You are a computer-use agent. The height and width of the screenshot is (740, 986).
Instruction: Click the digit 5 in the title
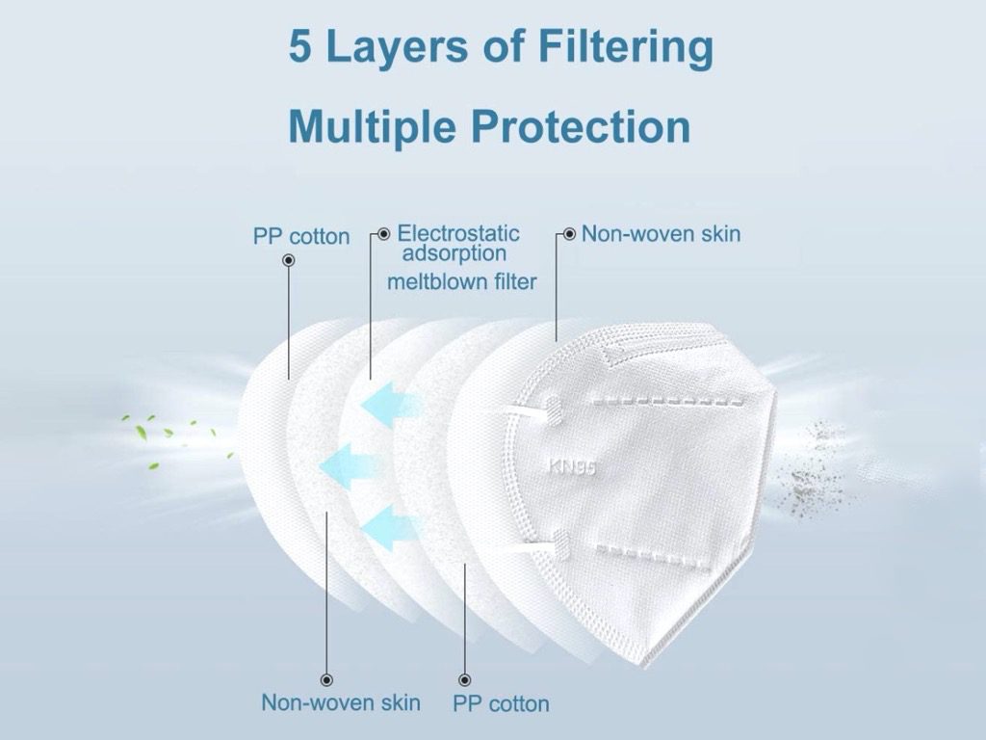tap(300, 46)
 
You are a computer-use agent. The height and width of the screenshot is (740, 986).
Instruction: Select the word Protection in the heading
tap(581, 126)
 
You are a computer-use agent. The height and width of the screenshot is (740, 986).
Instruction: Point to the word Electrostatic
tap(458, 233)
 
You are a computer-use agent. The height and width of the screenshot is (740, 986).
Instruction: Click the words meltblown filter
tap(462, 281)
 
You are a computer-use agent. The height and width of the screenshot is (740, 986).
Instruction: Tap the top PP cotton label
tap(301, 237)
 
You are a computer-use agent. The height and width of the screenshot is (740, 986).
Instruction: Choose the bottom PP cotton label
tap(501, 703)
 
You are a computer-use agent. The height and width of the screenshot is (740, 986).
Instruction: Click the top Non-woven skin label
tap(661, 234)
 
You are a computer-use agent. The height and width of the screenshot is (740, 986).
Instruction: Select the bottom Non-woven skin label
tap(341, 702)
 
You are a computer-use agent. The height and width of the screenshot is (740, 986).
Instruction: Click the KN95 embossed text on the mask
tap(572, 466)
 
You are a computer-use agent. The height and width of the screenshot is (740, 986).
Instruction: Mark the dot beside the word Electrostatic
tap(383, 234)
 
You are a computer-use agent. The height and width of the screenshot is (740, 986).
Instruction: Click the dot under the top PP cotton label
tap(289, 260)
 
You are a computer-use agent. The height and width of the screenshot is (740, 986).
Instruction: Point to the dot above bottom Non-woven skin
tap(327, 679)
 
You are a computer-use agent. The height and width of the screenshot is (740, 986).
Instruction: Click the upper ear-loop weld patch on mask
tap(552, 410)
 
